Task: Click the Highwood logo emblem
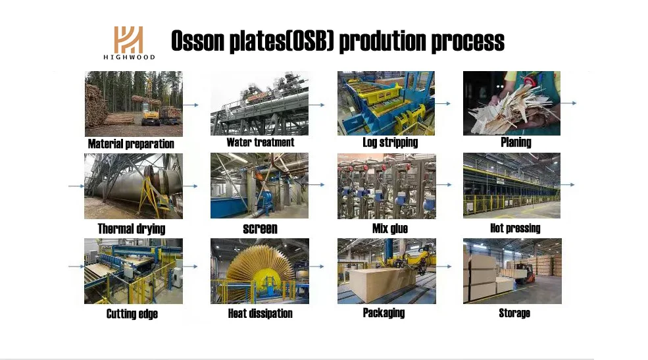pos(128,39)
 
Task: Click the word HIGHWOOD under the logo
pos(129,57)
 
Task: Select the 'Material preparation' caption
pos(131,144)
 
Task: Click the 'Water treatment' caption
pos(261,142)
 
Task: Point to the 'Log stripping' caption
pos(390,143)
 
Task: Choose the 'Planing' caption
pos(516,143)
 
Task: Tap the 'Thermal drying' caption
pos(132,228)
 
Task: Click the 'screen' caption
pos(260,228)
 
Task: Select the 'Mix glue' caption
pos(389,228)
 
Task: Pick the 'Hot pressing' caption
pos(515,228)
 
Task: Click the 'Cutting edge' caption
pos(132,314)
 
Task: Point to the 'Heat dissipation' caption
pos(261,314)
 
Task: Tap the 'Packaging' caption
pos(384,313)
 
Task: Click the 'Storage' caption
pos(514,313)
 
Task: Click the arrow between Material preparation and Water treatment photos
pos(191,105)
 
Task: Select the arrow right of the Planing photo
pos(568,103)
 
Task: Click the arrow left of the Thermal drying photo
pos(76,186)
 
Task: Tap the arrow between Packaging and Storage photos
pos(444,267)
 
